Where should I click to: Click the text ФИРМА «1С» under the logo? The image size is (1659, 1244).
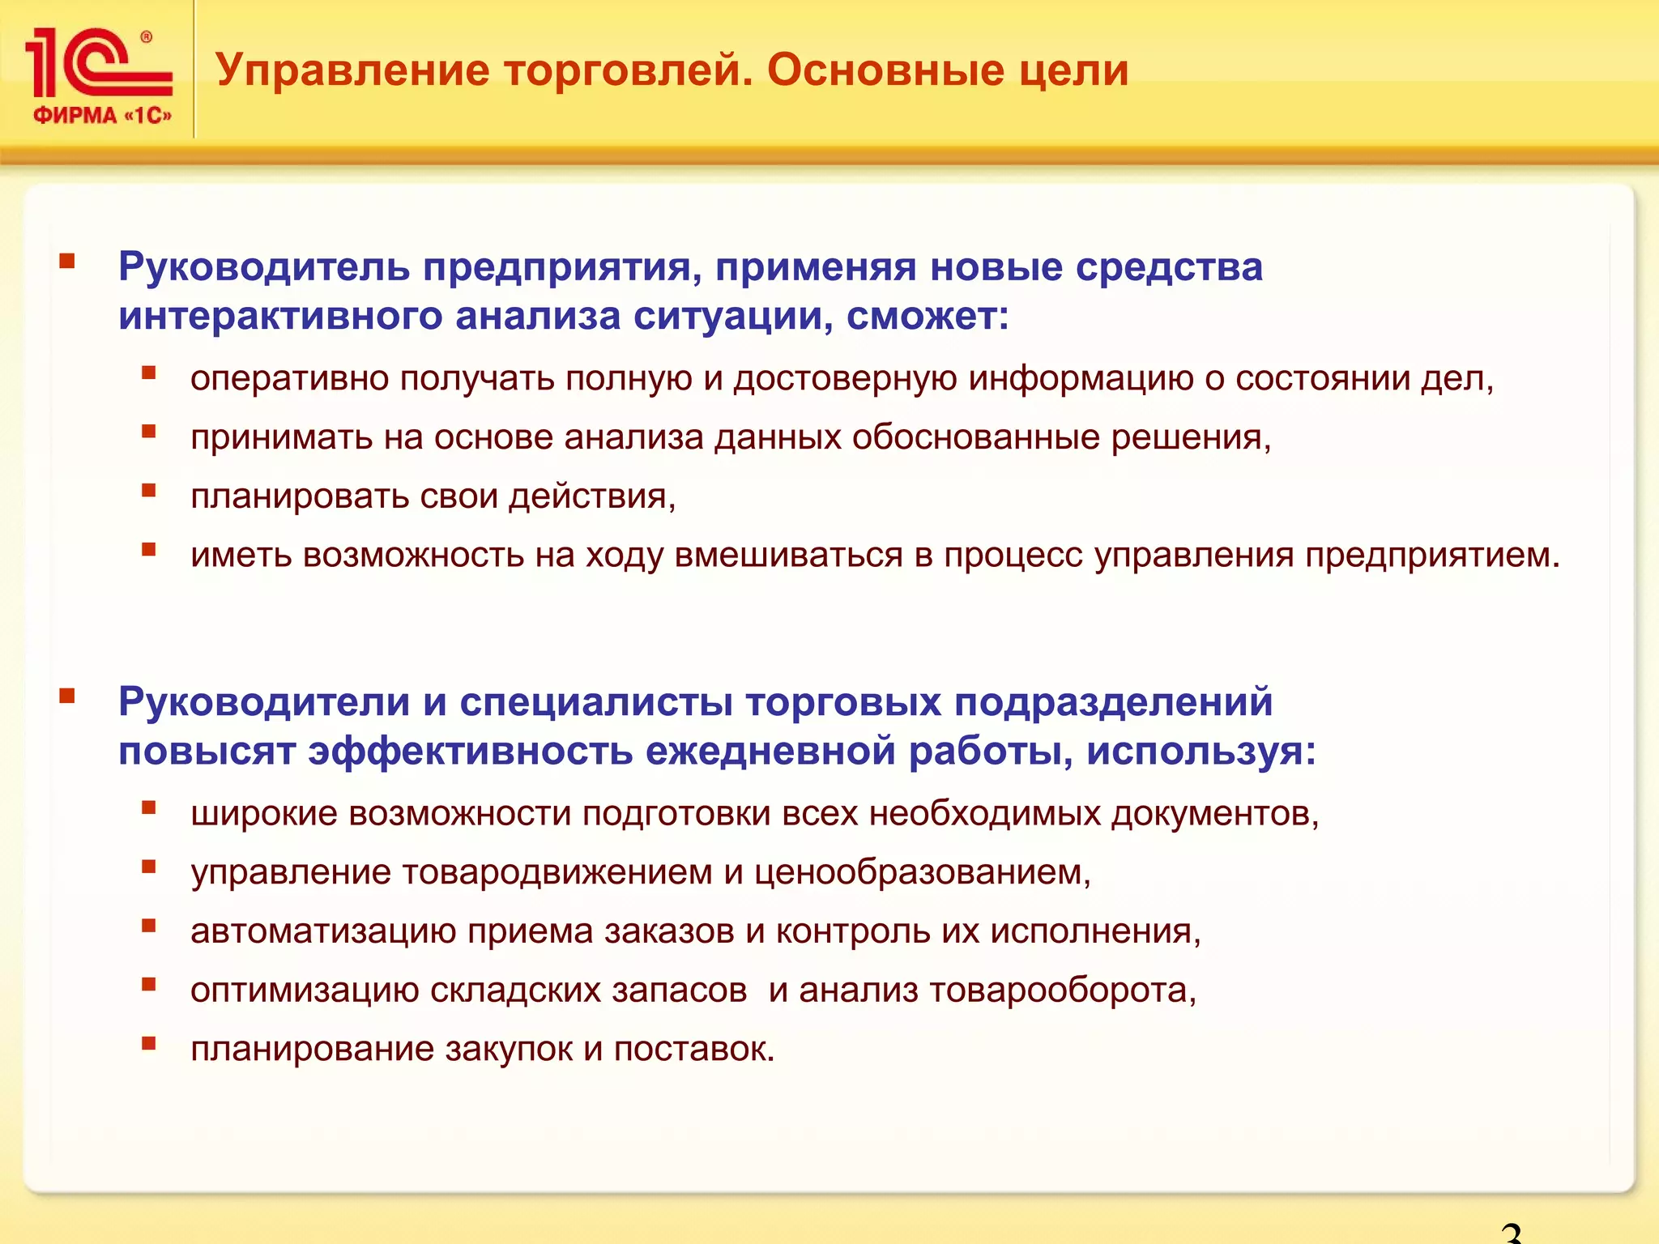click(102, 116)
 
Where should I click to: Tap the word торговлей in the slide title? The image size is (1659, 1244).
click(627, 70)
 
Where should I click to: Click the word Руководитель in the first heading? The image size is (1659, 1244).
click(264, 266)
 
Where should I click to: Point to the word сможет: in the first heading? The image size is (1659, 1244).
click(928, 316)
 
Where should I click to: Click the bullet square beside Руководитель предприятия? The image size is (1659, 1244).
click(67, 261)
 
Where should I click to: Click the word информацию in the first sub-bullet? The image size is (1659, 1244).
click(1081, 379)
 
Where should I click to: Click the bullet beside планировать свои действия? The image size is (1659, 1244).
click(148, 491)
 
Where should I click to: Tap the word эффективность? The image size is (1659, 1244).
click(470, 751)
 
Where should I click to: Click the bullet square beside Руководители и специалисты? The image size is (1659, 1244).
click(67, 696)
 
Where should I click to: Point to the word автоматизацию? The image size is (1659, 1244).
click(323, 931)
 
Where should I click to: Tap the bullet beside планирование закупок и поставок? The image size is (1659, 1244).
click(148, 1043)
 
